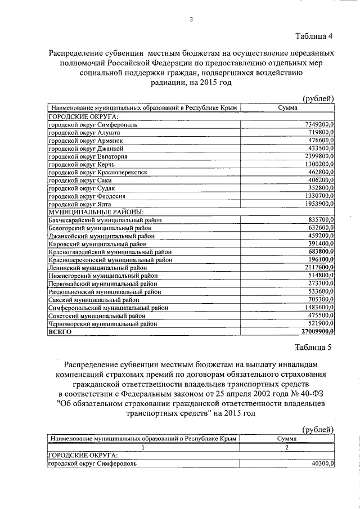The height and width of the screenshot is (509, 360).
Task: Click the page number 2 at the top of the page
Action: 191,20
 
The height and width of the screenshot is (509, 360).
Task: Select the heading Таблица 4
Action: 314,37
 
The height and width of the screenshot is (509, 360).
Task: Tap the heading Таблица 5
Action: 314,346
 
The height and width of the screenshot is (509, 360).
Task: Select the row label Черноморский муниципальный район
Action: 102,324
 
